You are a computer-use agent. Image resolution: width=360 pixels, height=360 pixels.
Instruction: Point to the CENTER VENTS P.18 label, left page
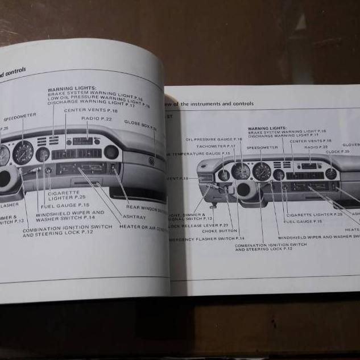click(90, 110)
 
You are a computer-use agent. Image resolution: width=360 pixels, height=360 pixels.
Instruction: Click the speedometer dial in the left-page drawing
click(23, 152)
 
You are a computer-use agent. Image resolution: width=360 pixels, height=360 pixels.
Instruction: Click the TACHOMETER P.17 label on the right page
click(216, 146)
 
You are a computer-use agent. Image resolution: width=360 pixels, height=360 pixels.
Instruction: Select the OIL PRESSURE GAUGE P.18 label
click(214, 139)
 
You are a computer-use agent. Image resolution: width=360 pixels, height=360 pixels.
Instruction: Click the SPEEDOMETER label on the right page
click(262, 147)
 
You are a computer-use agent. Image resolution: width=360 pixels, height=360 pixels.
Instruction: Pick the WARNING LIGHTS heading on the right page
click(268, 129)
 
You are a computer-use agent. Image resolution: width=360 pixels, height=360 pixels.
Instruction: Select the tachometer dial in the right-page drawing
click(241, 171)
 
